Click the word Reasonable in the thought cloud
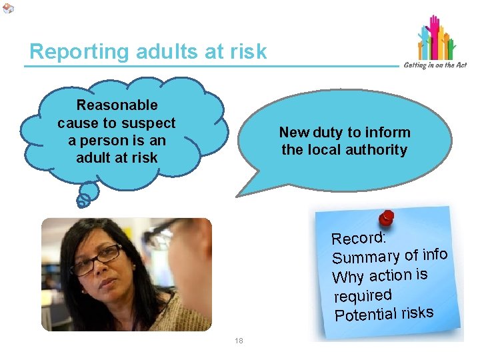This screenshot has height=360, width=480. point(117,105)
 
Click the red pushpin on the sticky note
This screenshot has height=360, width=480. point(386,218)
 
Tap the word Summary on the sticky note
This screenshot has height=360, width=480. point(365,257)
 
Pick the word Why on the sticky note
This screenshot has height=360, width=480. point(347,277)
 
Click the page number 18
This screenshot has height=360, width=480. point(239,341)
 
